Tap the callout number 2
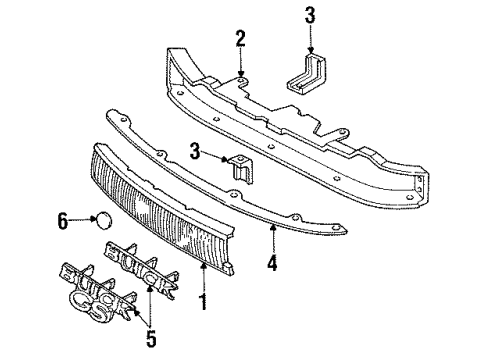point(240,39)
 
